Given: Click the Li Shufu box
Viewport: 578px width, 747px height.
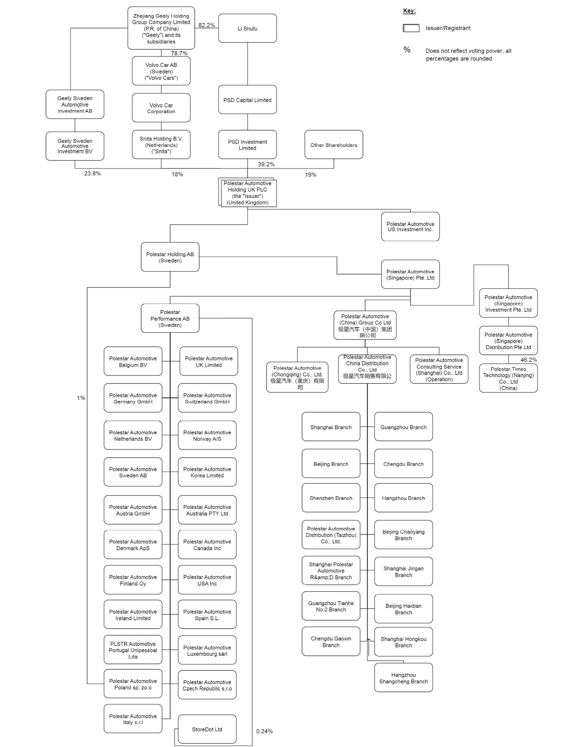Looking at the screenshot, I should tap(247, 28).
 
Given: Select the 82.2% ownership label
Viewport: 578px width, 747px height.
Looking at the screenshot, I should tap(206, 25).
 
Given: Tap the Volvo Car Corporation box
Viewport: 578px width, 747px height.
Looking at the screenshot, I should tap(161, 108).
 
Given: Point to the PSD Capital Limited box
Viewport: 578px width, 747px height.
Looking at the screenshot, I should tap(247, 100).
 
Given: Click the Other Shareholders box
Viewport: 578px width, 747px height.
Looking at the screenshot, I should tap(333, 145).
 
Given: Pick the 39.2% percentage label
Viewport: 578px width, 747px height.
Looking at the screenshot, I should tap(266, 164).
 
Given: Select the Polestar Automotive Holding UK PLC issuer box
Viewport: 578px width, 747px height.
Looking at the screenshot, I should tap(248, 193).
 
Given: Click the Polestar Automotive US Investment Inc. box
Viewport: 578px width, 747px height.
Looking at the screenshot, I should tap(410, 226).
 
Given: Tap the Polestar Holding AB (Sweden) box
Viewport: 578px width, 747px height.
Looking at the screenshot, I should tap(170, 257).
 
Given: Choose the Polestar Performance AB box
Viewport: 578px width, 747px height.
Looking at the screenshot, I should tap(170, 318).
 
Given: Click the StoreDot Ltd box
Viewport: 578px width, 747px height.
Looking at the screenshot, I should tap(207, 729).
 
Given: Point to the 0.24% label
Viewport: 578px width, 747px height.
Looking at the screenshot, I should tap(264, 731).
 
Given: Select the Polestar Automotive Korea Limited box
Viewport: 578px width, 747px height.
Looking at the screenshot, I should tap(207, 472).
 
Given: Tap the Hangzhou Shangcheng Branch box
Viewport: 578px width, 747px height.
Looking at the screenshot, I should tap(403, 678).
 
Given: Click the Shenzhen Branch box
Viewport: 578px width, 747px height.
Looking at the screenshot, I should tap(331, 498).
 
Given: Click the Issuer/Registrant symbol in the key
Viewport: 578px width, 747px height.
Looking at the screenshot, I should tap(411, 28).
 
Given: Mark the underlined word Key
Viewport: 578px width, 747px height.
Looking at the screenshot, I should tap(409, 11).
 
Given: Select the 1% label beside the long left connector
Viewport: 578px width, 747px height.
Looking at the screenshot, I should tap(81, 398).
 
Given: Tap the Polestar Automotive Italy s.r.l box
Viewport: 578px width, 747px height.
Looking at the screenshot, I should tap(133, 719).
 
